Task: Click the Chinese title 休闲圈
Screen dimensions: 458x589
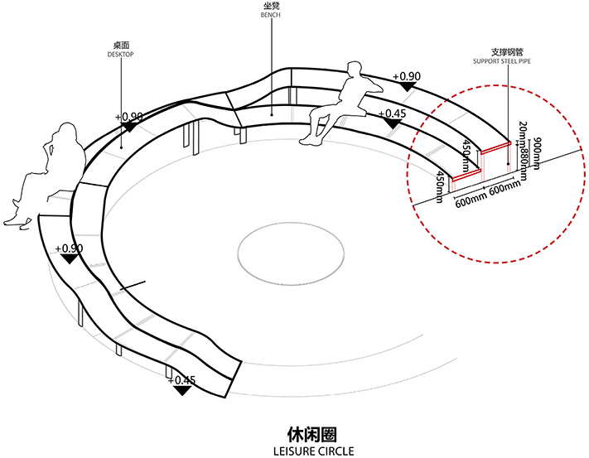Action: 312,433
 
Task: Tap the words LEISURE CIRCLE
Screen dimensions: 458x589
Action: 312,451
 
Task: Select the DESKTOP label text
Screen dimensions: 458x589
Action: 121,55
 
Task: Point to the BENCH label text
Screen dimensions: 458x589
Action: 271,15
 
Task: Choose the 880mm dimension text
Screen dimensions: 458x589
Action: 524,152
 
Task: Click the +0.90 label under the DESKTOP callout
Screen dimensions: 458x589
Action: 128,117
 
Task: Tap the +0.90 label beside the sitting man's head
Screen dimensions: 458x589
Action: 407,76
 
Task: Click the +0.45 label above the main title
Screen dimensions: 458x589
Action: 181,380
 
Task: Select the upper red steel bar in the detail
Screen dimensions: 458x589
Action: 495,147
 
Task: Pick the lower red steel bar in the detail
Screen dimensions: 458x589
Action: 465,176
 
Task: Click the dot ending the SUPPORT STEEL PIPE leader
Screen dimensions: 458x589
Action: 506,144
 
